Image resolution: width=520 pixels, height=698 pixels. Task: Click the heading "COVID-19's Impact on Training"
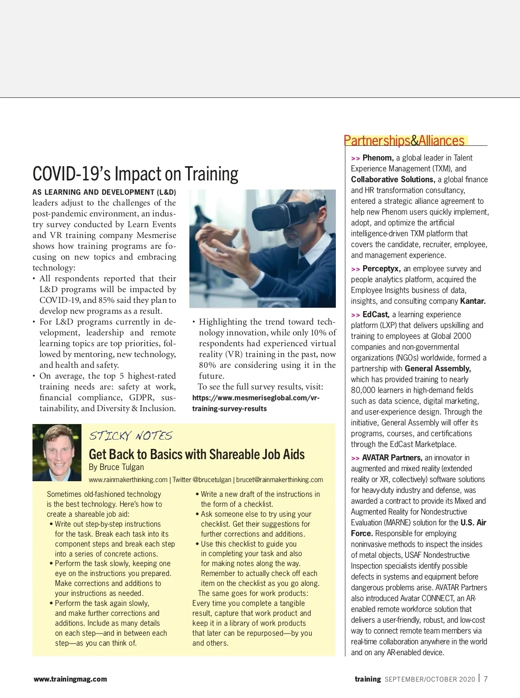click(135, 174)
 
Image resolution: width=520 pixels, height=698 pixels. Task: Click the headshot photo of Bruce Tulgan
click(57, 452)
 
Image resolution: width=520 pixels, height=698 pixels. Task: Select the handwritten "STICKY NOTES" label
click(131, 436)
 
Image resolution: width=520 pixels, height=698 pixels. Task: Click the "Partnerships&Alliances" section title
click(404, 141)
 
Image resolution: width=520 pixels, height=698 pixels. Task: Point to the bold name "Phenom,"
click(378, 158)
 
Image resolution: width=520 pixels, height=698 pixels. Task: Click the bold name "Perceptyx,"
click(381, 269)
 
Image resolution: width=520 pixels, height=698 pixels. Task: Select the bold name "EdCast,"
click(376, 315)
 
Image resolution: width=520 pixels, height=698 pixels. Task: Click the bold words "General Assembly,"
click(438, 369)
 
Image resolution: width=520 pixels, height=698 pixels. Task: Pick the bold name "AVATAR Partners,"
click(392, 458)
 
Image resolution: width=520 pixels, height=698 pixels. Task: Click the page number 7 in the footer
click(486, 679)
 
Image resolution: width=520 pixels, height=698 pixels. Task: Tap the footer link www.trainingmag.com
click(70, 679)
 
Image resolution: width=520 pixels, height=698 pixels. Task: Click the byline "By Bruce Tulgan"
click(116, 467)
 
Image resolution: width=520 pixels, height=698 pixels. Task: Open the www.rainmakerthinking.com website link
click(128, 479)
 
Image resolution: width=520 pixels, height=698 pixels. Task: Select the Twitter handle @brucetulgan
click(211, 479)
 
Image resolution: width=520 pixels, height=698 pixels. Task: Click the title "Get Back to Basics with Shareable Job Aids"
click(197, 454)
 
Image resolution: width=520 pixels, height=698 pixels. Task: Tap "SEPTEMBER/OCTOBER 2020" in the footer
click(430, 679)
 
